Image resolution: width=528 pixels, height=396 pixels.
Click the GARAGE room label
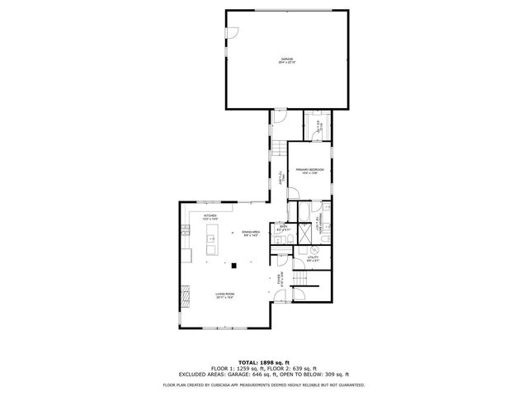coord(286,59)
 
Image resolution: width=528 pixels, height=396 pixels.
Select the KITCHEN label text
coord(210,216)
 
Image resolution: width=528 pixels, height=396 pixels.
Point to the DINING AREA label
coord(252,233)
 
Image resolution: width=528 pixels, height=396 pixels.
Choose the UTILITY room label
coord(313,258)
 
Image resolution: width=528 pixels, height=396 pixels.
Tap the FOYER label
coord(280,279)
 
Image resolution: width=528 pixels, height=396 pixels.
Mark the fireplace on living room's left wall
coord(183,291)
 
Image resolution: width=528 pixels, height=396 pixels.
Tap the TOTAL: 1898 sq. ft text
coord(264,362)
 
